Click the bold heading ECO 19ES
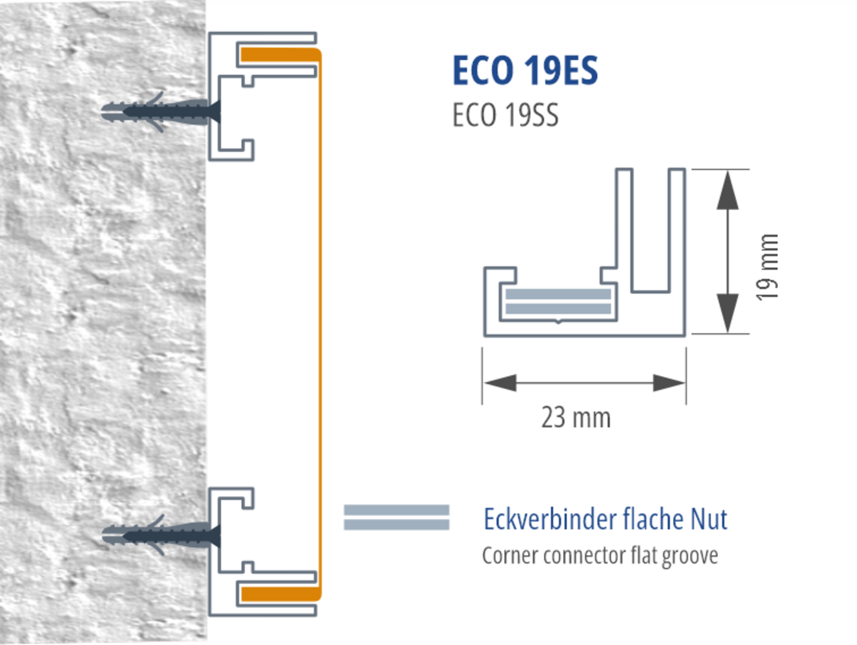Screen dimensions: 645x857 [525, 70]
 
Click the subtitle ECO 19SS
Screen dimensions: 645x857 [505, 115]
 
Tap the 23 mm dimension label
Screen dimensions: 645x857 [576, 418]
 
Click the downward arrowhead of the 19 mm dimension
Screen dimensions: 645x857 [727, 313]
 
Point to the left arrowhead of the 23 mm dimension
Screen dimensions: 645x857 [500, 383]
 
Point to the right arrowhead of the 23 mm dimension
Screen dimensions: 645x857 [669, 383]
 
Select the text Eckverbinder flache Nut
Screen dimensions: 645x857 [605, 519]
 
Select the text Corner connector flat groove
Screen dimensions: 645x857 [599, 556]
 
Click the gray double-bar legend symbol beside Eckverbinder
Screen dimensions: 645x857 [396, 518]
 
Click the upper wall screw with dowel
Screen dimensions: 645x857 [161, 112]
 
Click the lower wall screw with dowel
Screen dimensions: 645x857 [161, 535]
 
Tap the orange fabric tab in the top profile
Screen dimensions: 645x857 [277, 55]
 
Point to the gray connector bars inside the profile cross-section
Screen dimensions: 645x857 [558, 301]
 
